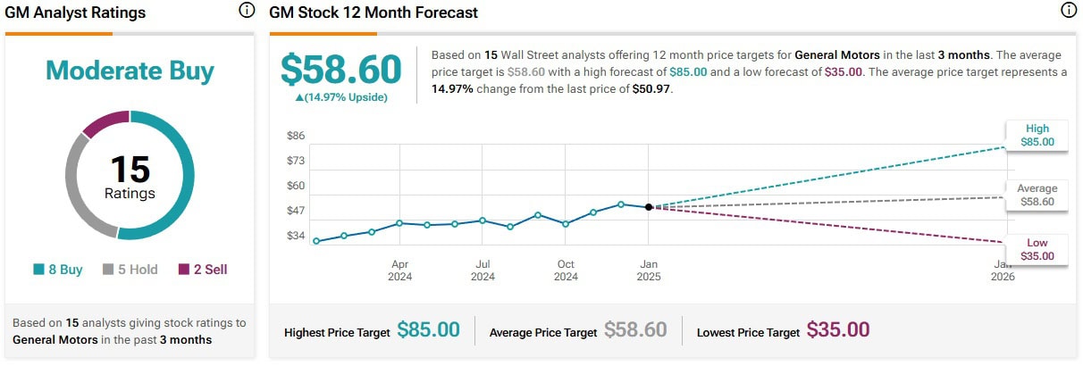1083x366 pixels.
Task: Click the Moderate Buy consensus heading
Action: [x=130, y=71]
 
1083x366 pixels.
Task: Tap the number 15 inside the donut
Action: [x=130, y=169]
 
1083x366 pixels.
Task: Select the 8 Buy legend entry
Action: [x=58, y=269]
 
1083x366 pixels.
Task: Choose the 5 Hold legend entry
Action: [x=131, y=269]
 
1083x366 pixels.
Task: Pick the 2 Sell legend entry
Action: [x=203, y=269]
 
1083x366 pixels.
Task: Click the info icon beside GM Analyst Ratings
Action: [x=246, y=12]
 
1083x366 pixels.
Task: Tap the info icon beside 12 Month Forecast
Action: [x=1068, y=12]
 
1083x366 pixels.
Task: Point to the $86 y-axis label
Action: [x=296, y=136]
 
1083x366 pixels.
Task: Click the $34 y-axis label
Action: [x=296, y=236]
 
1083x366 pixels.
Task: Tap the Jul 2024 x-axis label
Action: [x=483, y=270]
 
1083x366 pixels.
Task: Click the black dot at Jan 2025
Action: [x=649, y=206]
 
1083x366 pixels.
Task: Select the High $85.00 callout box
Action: [x=1037, y=135]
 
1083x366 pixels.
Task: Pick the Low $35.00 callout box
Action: [x=1037, y=249]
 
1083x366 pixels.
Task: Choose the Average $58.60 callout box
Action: [x=1037, y=195]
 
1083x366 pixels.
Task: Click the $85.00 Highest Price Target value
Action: [x=429, y=330]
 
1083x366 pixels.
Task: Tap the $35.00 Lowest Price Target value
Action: [x=838, y=330]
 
